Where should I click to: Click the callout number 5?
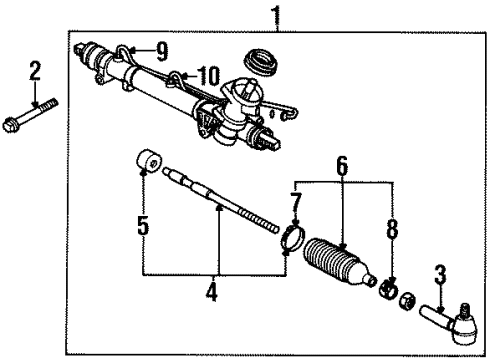(144, 227)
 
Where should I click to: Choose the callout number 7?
(295, 203)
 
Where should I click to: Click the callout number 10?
(208, 75)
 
